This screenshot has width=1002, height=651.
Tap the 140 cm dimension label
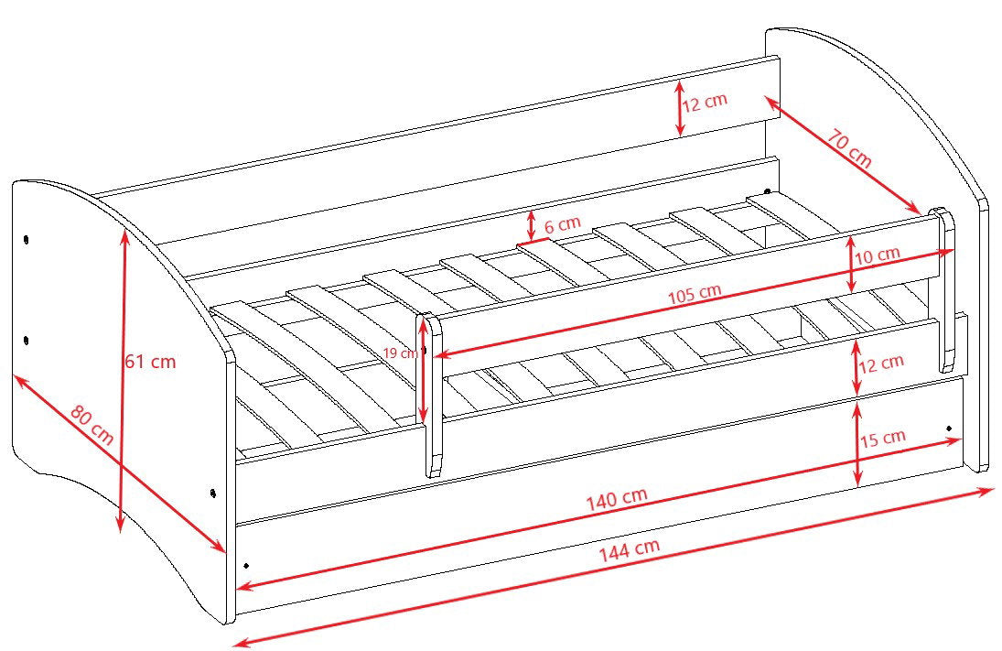617,499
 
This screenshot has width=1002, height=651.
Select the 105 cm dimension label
695,294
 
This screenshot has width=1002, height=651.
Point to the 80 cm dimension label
92,425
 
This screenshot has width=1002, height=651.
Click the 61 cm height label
149,362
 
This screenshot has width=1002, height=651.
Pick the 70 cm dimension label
849,148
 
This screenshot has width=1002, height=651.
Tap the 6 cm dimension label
563,224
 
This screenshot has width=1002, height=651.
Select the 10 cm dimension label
878,255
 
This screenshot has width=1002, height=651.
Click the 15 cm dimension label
882,439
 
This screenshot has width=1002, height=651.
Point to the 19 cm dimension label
400,353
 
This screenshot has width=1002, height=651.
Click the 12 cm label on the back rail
705,102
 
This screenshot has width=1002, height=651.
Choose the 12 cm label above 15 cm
881,363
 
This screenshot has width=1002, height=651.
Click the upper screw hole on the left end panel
26,240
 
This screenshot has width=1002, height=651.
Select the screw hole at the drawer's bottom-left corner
246,565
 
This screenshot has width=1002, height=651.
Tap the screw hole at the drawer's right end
949,428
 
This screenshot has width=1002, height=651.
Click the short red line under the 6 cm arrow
533,242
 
